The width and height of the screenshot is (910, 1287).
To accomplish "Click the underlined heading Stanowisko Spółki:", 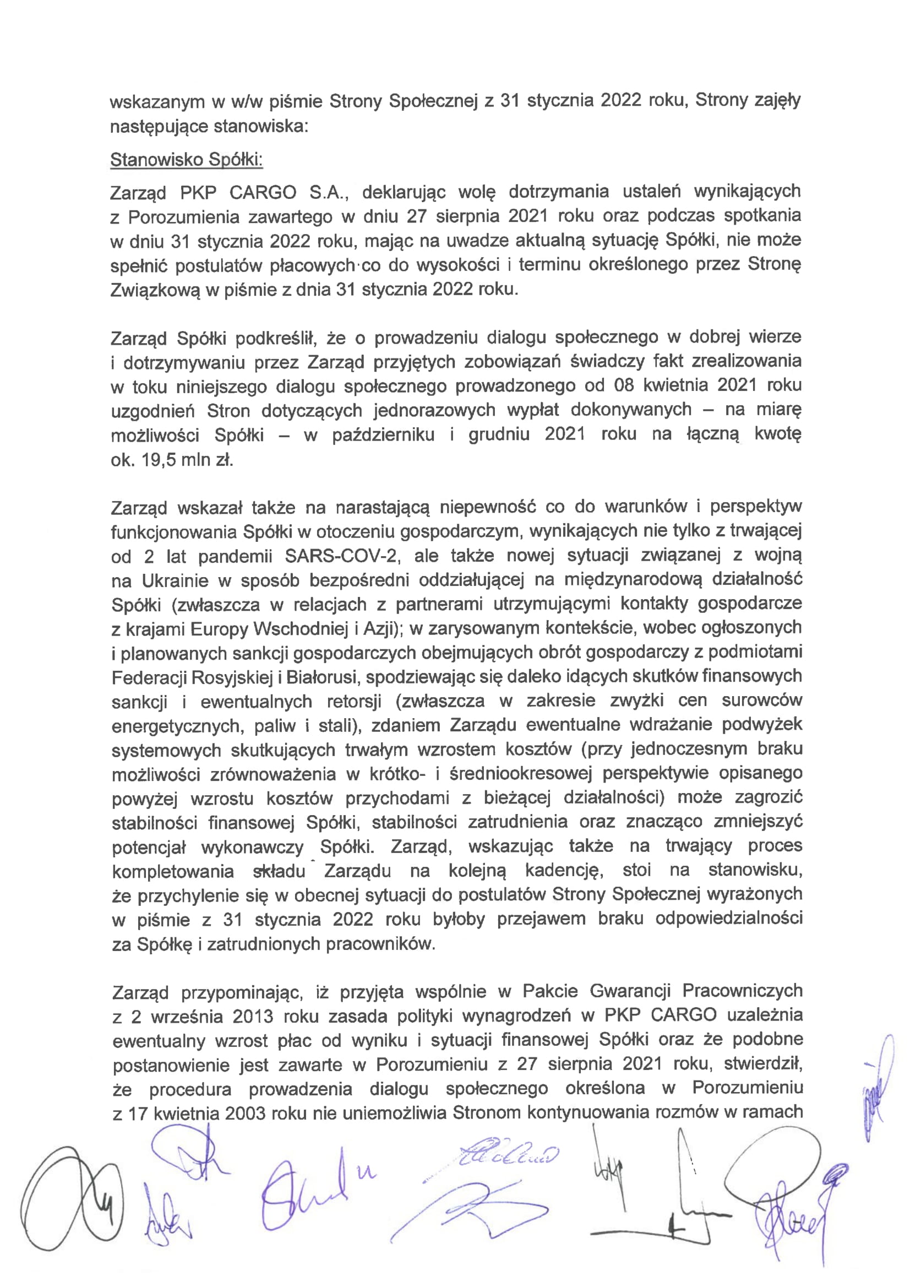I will (x=187, y=160).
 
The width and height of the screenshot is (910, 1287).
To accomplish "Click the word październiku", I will (x=383, y=435).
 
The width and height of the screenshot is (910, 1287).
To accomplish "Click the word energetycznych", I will (x=176, y=726).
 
